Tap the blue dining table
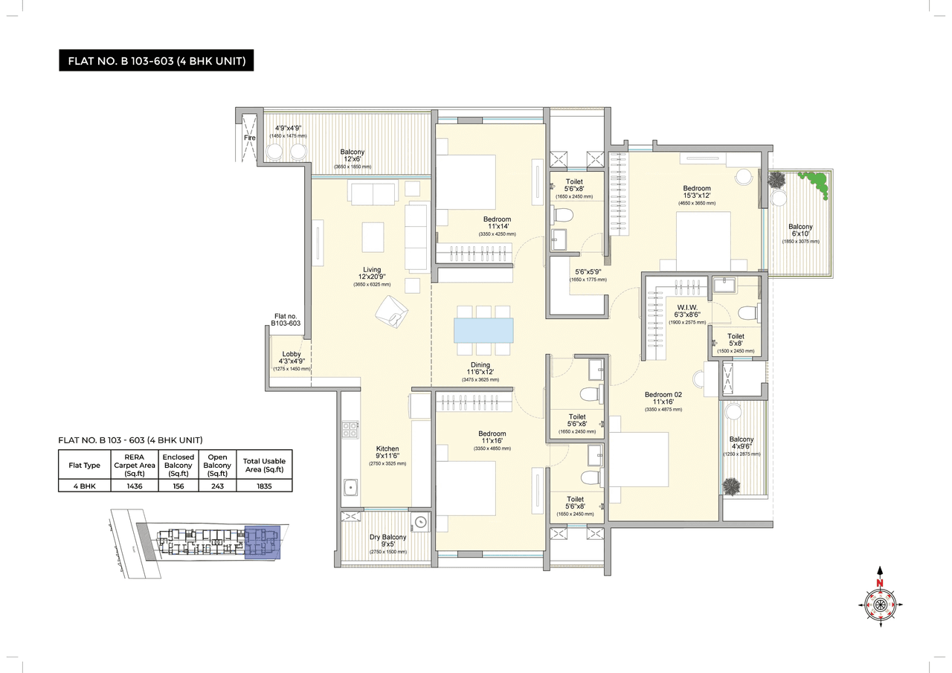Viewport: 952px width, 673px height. click(x=483, y=329)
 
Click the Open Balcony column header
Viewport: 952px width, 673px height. click(x=217, y=465)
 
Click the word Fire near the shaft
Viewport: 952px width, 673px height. click(x=250, y=138)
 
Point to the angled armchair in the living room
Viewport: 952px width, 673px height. click(x=391, y=311)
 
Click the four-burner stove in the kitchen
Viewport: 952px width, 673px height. click(x=350, y=430)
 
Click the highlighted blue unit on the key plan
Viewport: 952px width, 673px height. click(x=262, y=541)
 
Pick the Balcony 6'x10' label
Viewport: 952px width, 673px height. click(x=800, y=231)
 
